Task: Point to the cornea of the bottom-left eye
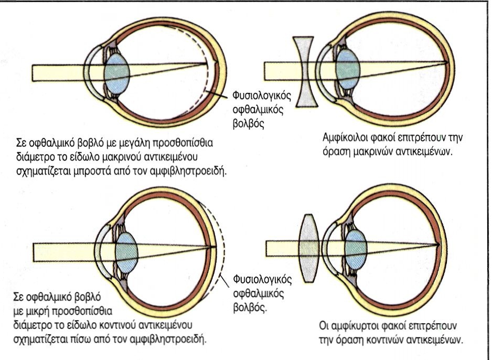point(101,247)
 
